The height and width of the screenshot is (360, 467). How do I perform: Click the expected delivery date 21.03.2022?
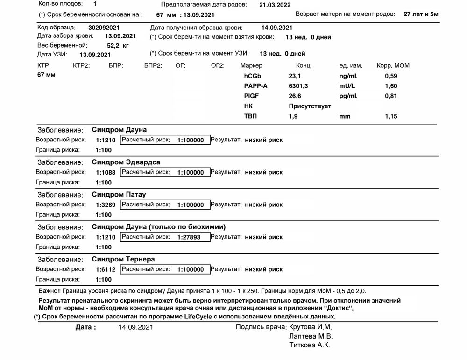tap(275, 5)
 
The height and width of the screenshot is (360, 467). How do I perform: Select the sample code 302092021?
tap(104, 28)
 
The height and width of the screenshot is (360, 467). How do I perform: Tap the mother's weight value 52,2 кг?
tap(118, 46)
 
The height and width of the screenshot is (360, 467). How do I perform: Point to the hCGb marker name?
tap(253, 76)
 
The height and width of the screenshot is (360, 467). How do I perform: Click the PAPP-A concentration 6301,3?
tap(298, 86)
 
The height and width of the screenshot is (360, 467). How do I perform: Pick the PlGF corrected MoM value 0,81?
tap(391, 96)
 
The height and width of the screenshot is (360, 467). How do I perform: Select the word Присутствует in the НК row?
tap(310, 106)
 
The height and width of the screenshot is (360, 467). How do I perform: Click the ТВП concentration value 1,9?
tap(293, 116)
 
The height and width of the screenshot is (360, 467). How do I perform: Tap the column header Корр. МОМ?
tap(393, 65)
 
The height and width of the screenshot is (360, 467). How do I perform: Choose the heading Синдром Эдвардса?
tap(126, 162)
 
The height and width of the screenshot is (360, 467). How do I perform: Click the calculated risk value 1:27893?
tap(189, 237)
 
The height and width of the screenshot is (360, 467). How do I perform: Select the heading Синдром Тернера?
tap(123, 259)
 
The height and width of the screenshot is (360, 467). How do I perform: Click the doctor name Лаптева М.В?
tap(311, 336)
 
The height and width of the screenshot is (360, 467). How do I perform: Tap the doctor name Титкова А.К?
tap(310, 346)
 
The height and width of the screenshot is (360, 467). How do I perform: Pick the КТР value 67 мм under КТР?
tap(46, 75)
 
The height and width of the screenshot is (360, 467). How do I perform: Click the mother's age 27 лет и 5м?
tap(421, 14)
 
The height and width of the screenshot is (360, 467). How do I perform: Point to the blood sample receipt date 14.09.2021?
tap(277, 28)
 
